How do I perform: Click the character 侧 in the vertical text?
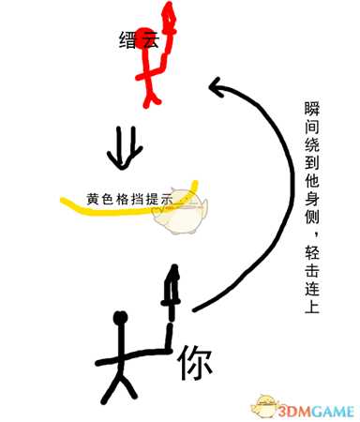click(x=312, y=221)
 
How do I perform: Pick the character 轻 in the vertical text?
click(x=312, y=254)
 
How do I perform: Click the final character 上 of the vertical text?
click(x=312, y=307)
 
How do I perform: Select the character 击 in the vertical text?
click(x=312, y=272)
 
